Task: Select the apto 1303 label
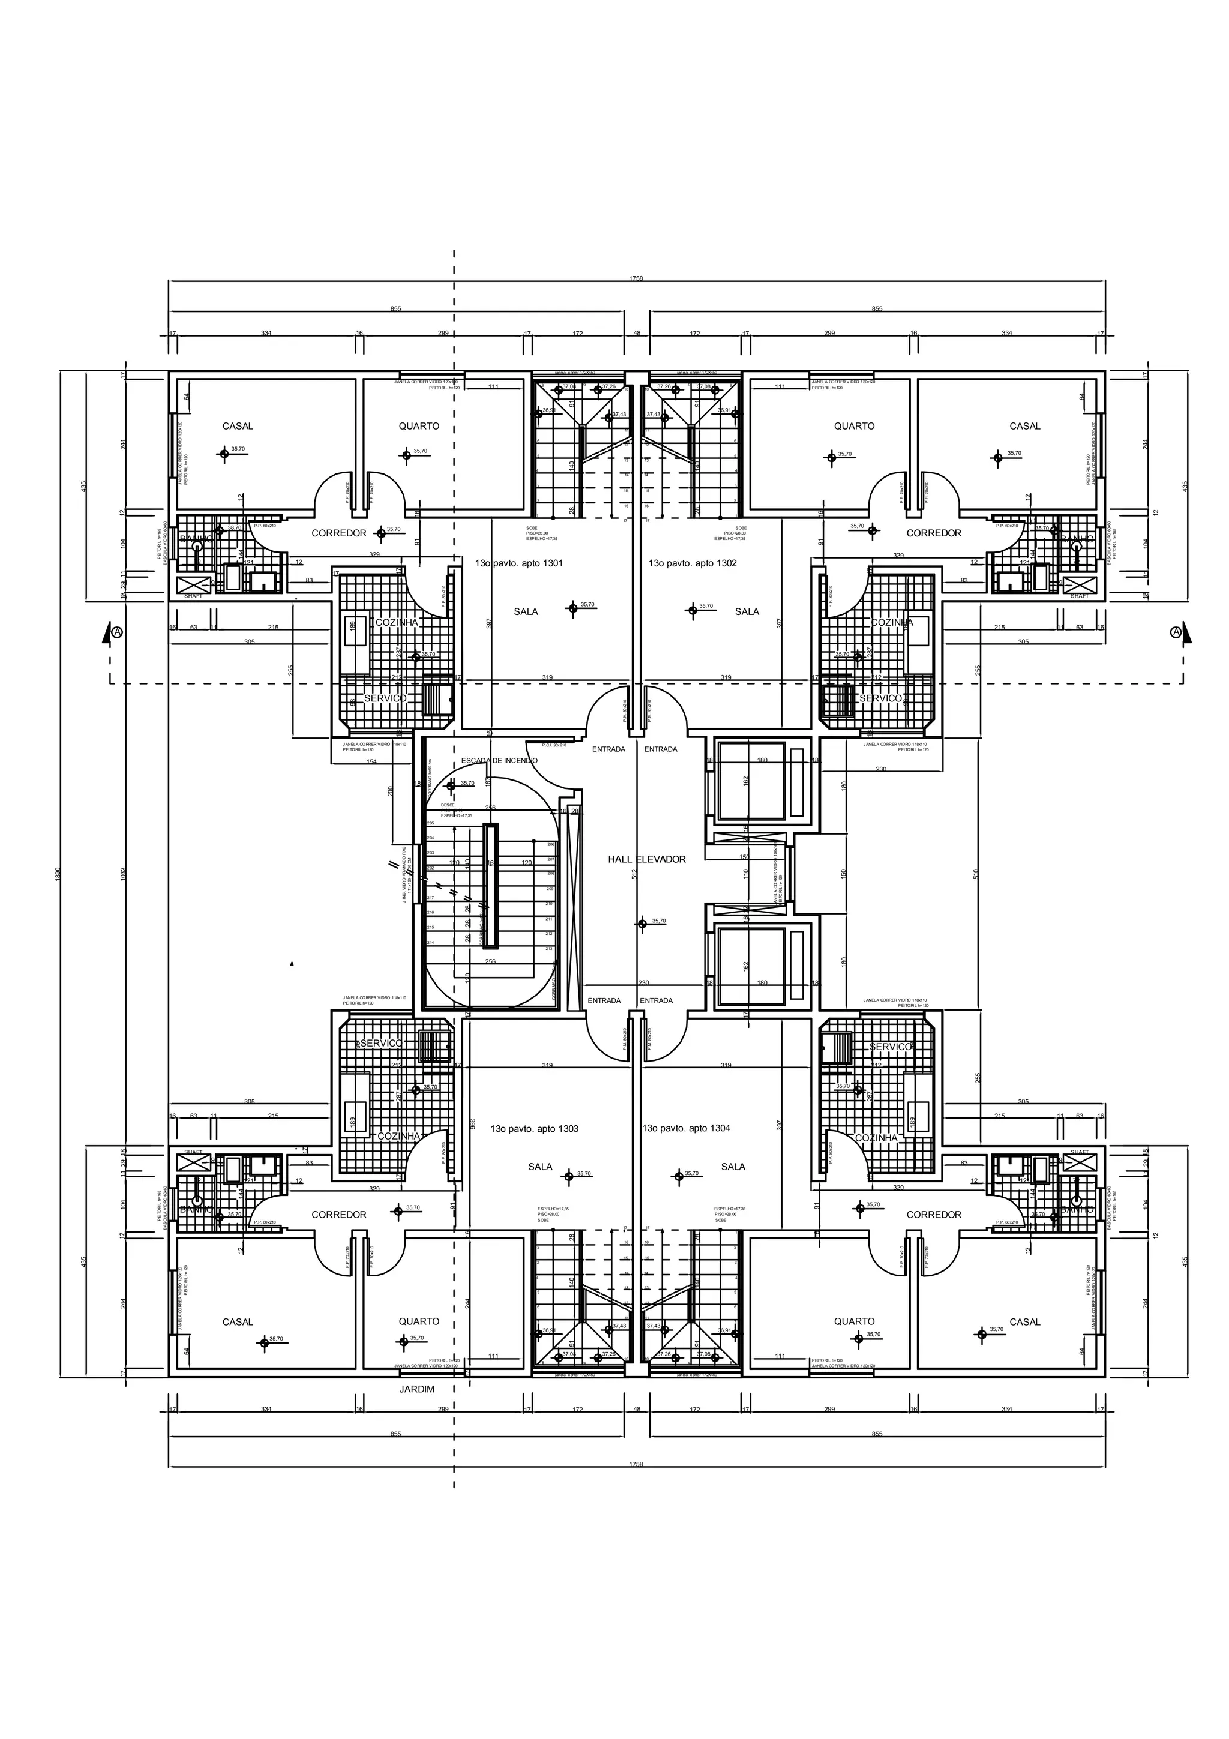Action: click(x=534, y=1129)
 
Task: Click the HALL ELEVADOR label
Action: click(x=647, y=859)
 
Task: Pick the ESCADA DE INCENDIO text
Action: click(x=499, y=760)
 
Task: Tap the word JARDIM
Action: click(x=416, y=1389)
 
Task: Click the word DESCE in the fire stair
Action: click(x=448, y=805)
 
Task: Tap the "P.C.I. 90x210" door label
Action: click(x=554, y=745)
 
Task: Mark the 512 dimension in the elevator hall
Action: click(x=634, y=873)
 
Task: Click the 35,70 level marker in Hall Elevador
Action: click(x=658, y=921)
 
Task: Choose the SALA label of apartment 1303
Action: click(x=541, y=1167)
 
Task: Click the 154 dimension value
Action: click(x=371, y=762)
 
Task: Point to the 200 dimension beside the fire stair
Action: click(x=391, y=791)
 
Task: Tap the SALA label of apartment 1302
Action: click(x=747, y=611)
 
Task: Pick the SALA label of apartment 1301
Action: click(x=526, y=611)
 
